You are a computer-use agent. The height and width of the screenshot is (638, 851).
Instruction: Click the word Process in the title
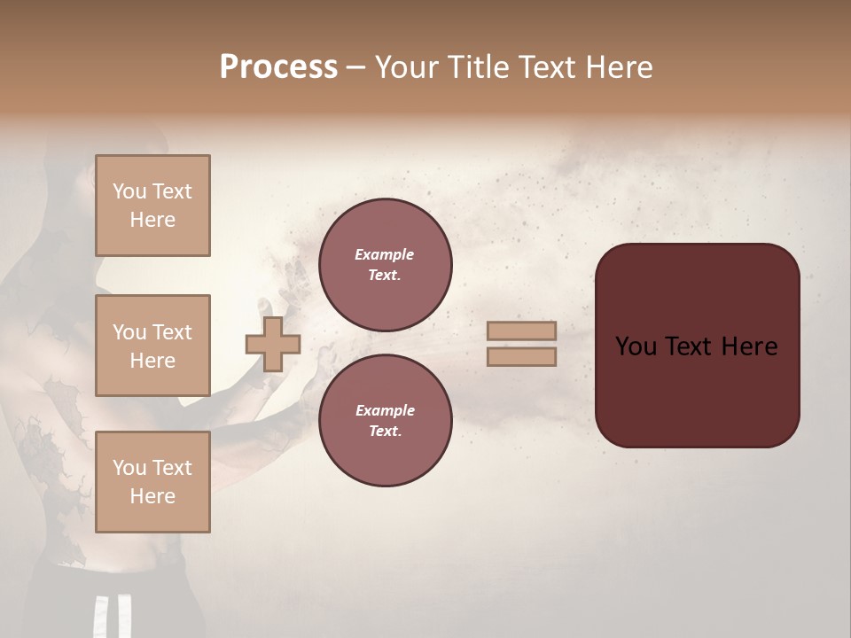click(x=278, y=66)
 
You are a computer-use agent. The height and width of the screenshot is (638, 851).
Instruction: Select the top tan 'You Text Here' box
click(x=152, y=206)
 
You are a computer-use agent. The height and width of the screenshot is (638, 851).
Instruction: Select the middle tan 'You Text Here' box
click(x=152, y=346)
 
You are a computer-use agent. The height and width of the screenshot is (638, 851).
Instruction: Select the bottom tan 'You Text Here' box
click(x=152, y=482)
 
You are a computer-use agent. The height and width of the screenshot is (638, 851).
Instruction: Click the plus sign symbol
click(x=273, y=344)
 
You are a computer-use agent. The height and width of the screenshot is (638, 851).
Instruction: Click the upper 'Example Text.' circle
click(x=385, y=265)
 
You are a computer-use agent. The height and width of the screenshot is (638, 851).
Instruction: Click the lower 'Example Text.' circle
click(x=385, y=421)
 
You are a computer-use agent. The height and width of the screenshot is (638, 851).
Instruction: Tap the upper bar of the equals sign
click(x=522, y=331)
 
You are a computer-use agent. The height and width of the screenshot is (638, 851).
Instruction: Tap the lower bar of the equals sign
click(x=522, y=357)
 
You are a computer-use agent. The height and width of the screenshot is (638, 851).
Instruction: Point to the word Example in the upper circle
click(x=385, y=254)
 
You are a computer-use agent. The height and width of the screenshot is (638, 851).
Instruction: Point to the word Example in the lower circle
click(x=385, y=410)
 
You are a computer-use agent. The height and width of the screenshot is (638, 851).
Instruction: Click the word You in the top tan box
click(x=129, y=191)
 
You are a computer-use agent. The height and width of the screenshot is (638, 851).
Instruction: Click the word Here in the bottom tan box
click(x=152, y=496)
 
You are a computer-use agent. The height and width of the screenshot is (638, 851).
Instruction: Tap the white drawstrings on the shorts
click(x=113, y=616)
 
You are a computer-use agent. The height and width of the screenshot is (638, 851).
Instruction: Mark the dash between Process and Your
click(x=355, y=68)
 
